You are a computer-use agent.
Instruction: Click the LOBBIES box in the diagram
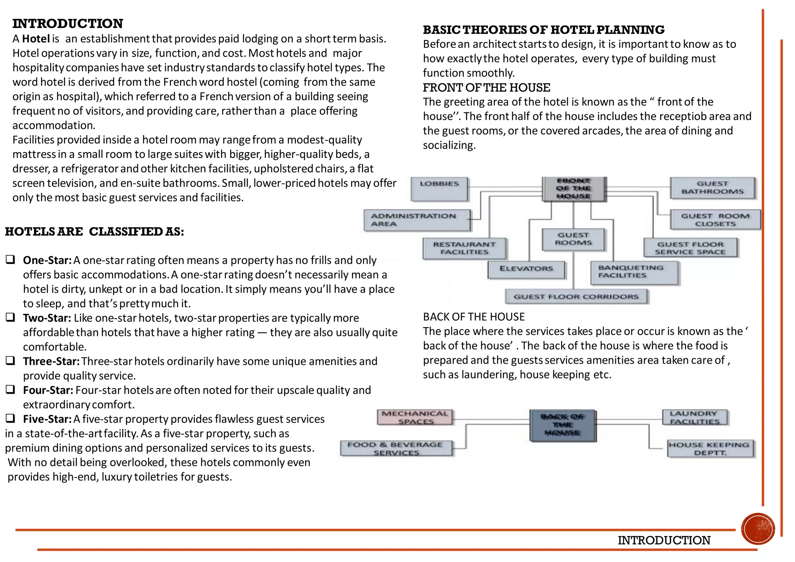pyautogui.click(x=439, y=189)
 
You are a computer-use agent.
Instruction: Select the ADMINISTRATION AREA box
pyautogui.click(x=417, y=220)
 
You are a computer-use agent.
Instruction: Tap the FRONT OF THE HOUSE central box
pyautogui.click(x=574, y=189)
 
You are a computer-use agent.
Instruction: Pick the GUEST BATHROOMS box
pyautogui.click(x=713, y=188)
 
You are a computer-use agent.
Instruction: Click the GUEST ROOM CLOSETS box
pyautogui.click(x=715, y=220)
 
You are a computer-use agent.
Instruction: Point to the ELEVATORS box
pyautogui.click(x=526, y=269)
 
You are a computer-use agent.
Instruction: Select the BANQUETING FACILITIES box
pyautogui.click(x=634, y=272)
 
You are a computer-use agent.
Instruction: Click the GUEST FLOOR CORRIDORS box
pyautogui.click(x=576, y=297)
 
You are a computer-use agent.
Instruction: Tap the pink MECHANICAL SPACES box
pyautogui.click(x=415, y=418)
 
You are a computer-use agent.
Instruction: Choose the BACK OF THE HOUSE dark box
pyautogui.click(x=563, y=425)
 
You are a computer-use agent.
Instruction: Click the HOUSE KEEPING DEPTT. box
pyautogui.click(x=710, y=449)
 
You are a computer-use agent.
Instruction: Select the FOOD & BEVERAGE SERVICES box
pyautogui.click(x=396, y=449)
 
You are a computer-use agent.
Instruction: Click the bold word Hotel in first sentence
pyautogui.click(x=36, y=39)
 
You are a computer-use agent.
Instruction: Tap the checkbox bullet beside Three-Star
pyautogui.click(x=10, y=361)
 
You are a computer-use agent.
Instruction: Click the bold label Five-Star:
pyautogui.click(x=47, y=419)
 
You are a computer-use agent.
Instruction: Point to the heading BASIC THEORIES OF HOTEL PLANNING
pyautogui.click(x=543, y=30)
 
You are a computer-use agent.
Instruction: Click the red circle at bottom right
pyautogui.click(x=757, y=529)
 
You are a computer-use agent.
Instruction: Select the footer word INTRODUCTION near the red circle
pyautogui.click(x=664, y=540)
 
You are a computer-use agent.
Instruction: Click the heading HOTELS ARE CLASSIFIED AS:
pyautogui.click(x=94, y=232)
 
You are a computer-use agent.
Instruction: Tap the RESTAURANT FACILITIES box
pyautogui.click(x=464, y=248)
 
